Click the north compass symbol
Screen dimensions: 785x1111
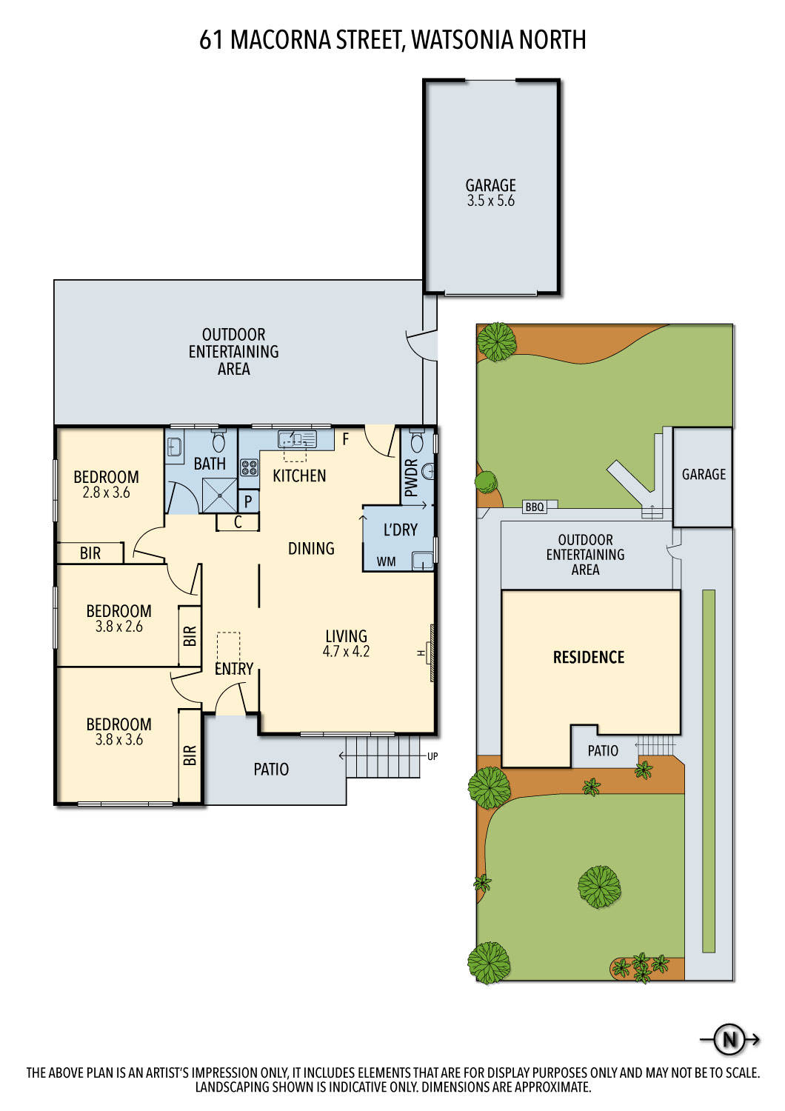[729, 1039]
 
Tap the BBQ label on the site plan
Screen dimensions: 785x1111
[535, 507]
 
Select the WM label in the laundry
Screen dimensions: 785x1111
[387, 561]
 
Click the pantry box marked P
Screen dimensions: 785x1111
[248, 501]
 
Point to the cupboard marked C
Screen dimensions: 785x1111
[238, 522]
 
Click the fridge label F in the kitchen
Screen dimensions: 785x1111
[346, 438]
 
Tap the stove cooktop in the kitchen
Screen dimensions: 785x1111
[249, 467]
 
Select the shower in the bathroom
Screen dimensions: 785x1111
[219, 495]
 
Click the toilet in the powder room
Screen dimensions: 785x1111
[417, 440]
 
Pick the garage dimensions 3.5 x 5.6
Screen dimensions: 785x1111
[490, 201]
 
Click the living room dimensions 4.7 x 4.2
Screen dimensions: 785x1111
[346, 651]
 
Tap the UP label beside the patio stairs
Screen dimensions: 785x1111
[432, 756]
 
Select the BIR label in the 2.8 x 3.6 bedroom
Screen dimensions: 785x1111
[90, 553]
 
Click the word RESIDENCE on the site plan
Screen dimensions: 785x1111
[589, 657]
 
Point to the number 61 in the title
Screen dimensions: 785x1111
[211, 40]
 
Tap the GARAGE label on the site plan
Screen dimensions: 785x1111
[704, 474]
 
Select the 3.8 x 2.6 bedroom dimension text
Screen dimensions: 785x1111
[119, 627]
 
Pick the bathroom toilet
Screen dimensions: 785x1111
[218, 441]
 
